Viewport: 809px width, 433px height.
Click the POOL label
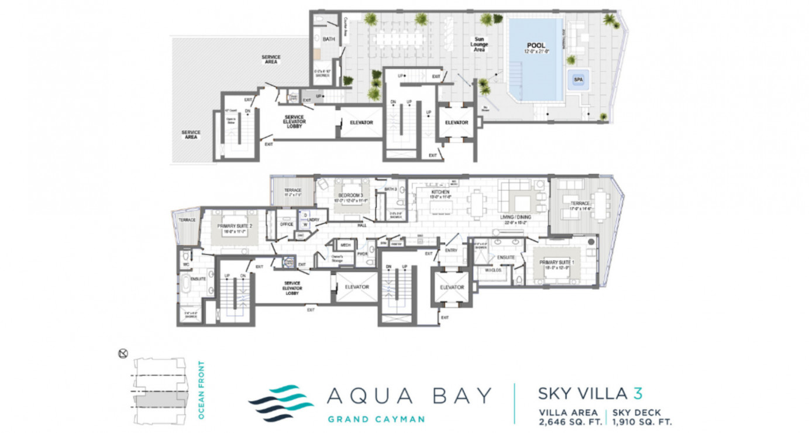pyautogui.click(x=536, y=45)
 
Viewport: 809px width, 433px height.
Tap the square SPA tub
pyautogui.click(x=578, y=79)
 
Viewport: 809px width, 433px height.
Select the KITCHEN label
pyautogui.click(x=440, y=192)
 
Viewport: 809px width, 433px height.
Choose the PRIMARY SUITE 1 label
pyautogui.click(x=556, y=262)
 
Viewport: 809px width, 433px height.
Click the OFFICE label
pyautogui.click(x=287, y=224)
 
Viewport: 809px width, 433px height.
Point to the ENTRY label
pyautogui.click(x=451, y=250)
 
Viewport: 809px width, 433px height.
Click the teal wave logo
pyautogui.click(x=281, y=403)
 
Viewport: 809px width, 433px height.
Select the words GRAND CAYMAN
pyautogui.click(x=376, y=419)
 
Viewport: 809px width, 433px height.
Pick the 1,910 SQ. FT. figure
pyautogui.click(x=642, y=421)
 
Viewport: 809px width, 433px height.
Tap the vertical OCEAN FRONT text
pyautogui.click(x=201, y=390)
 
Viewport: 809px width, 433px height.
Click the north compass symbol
pyautogui.click(x=123, y=353)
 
